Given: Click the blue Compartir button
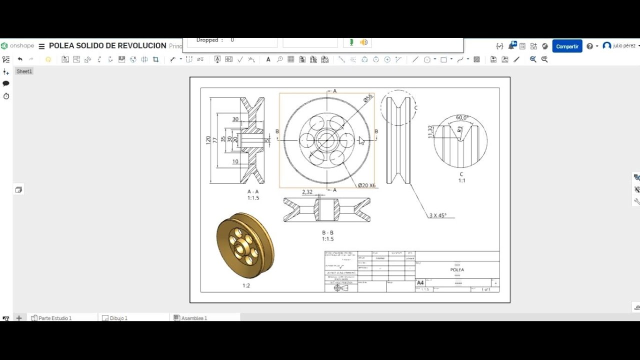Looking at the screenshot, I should click(567, 46).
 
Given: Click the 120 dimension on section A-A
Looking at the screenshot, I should click(208, 140).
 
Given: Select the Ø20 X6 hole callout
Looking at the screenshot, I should click(366, 185).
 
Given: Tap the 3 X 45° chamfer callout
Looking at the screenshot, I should click(438, 215).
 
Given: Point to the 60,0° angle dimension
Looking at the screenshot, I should click(462, 118).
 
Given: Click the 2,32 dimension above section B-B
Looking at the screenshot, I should click(307, 192).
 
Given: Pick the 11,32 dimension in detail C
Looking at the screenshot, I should click(430, 131).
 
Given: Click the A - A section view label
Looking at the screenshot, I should click(253, 191).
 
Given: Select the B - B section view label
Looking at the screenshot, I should click(327, 232).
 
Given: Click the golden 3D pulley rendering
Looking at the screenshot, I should click(245, 245).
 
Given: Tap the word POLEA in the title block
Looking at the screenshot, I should click(457, 269).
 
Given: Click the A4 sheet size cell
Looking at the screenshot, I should click(420, 283).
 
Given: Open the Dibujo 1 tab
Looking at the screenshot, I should click(118, 318).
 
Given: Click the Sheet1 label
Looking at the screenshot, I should click(24, 71).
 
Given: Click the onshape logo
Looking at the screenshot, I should click(17, 45).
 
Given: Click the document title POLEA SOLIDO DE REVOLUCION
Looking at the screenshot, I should click(107, 45).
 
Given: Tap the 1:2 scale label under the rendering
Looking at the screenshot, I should click(246, 285).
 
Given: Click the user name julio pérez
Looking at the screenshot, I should click(623, 45).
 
